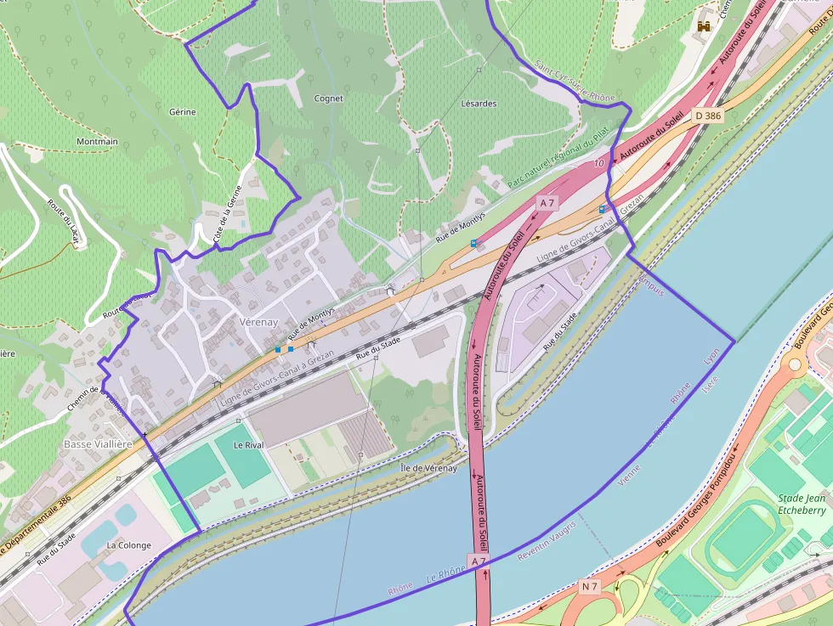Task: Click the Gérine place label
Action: click(x=182, y=112)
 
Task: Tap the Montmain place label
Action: click(x=97, y=142)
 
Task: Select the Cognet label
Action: click(x=329, y=99)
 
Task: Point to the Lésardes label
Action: click(x=479, y=104)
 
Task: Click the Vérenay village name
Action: click(x=259, y=323)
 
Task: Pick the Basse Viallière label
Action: click(x=98, y=444)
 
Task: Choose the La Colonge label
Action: click(x=128, y=545)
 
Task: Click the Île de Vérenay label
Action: click(x=428, y=468)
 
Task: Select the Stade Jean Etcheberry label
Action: click(x=802, y=505)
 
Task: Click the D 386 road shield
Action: click(x=707, y=116)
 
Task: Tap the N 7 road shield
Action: click(x=591, y=587)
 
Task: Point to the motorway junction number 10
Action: click(x=599, y=162)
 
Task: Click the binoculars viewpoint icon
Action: click(x=704, y=25)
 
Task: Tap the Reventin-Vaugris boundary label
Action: click(x=547, y=540)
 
